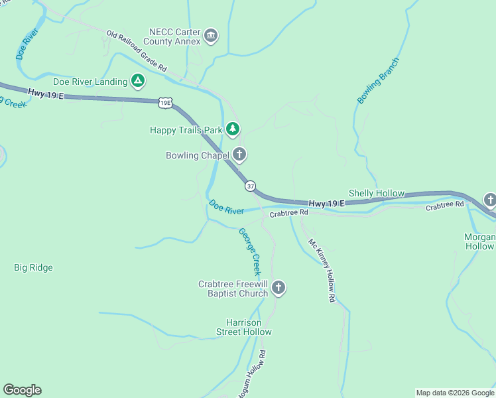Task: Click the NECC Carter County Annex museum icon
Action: coord(211,36)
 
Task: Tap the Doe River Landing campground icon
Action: coord(138,82)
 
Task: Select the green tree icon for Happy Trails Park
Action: coord(233,129)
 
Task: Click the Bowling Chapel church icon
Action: coord(239,155)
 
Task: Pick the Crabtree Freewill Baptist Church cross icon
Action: coord(279,288)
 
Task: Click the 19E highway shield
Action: coord(166,102)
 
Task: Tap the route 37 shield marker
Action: coord(250,186)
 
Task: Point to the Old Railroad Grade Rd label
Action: coord(137,51)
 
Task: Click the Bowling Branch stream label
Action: coord(379,81)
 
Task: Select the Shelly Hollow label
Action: coord(376,193)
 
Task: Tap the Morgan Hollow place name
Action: coord(479,241)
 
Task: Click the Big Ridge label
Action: coord(33,268)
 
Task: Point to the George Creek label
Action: coord(250,251)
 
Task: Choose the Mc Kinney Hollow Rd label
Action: coord(322,271)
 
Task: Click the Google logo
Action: coord(23,390)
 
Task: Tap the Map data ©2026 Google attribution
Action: coord(455,393)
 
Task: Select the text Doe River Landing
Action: coord(90,82)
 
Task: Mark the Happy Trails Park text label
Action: coord(186,130)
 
